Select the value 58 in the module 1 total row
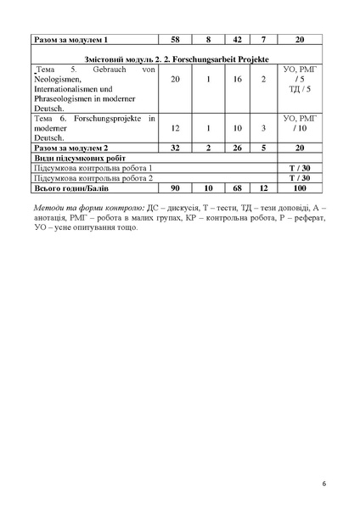(175, 40)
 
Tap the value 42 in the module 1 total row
(238, 40)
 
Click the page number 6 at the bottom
(323, 483)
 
